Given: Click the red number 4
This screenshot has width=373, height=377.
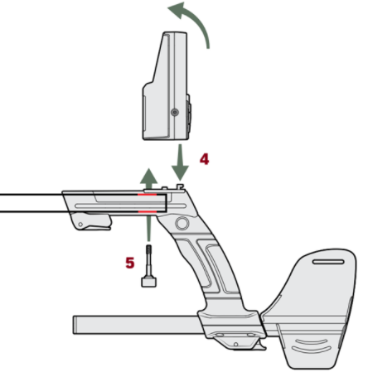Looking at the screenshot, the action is point(204,159).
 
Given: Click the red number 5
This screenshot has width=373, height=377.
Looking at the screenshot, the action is point(130,263).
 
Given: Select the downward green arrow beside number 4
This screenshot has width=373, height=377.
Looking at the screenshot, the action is point(180,162).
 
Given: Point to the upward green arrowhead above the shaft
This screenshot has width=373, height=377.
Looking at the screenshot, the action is point(148,176).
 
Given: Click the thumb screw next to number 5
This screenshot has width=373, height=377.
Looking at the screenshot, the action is point(148,266).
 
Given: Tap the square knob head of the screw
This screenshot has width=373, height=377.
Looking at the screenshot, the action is point(148,283).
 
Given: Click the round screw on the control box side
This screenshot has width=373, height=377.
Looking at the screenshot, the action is point(175,112).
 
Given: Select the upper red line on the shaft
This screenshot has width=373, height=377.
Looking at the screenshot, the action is point(148,195).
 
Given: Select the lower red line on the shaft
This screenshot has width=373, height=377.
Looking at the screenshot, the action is point(148,211).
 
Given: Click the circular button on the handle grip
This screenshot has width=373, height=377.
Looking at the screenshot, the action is point(182,223).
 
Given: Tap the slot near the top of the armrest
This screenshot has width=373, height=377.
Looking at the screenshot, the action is point(328,261).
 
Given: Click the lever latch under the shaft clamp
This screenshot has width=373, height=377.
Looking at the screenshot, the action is point(91,221).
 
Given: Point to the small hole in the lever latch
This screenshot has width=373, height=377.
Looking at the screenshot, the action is point(80,225).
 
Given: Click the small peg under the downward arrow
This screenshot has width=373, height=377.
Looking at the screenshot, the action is point(180,186).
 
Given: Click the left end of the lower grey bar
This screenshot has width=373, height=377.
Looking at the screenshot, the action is point(74,325).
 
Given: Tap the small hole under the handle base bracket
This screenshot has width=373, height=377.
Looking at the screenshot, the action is point(235,345).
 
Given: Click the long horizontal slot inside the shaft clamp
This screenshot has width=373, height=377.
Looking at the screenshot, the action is point(130,205).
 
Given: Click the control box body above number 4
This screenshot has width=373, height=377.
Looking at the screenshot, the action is point(166,86).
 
